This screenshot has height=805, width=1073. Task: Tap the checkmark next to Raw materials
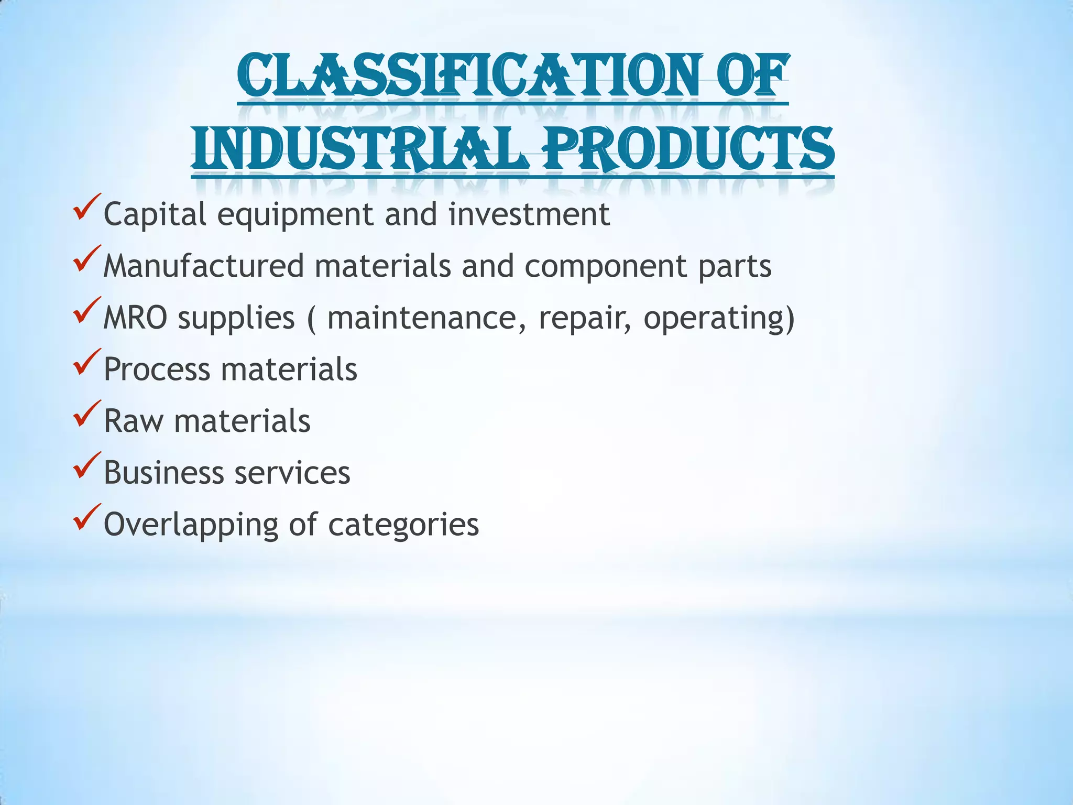click(x=87, y=414)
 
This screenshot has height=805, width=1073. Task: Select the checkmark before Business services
click(x=87, y=465)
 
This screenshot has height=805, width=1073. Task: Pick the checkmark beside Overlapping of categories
click(x=87, y=517)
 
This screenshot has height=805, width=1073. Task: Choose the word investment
click(x=529, y=214)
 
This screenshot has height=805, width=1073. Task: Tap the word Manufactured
click(x=203, y=266)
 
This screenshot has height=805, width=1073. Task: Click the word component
click(x=605, y=267)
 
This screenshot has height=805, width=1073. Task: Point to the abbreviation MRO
click(x=135, y=318)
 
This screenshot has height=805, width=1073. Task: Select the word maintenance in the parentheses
click(x=426, y=318)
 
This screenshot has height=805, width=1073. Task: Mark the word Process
click(x=157, y=369)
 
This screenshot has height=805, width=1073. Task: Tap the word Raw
click(x=133, y=421)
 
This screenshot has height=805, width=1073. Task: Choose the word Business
click(x=163, y=473)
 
